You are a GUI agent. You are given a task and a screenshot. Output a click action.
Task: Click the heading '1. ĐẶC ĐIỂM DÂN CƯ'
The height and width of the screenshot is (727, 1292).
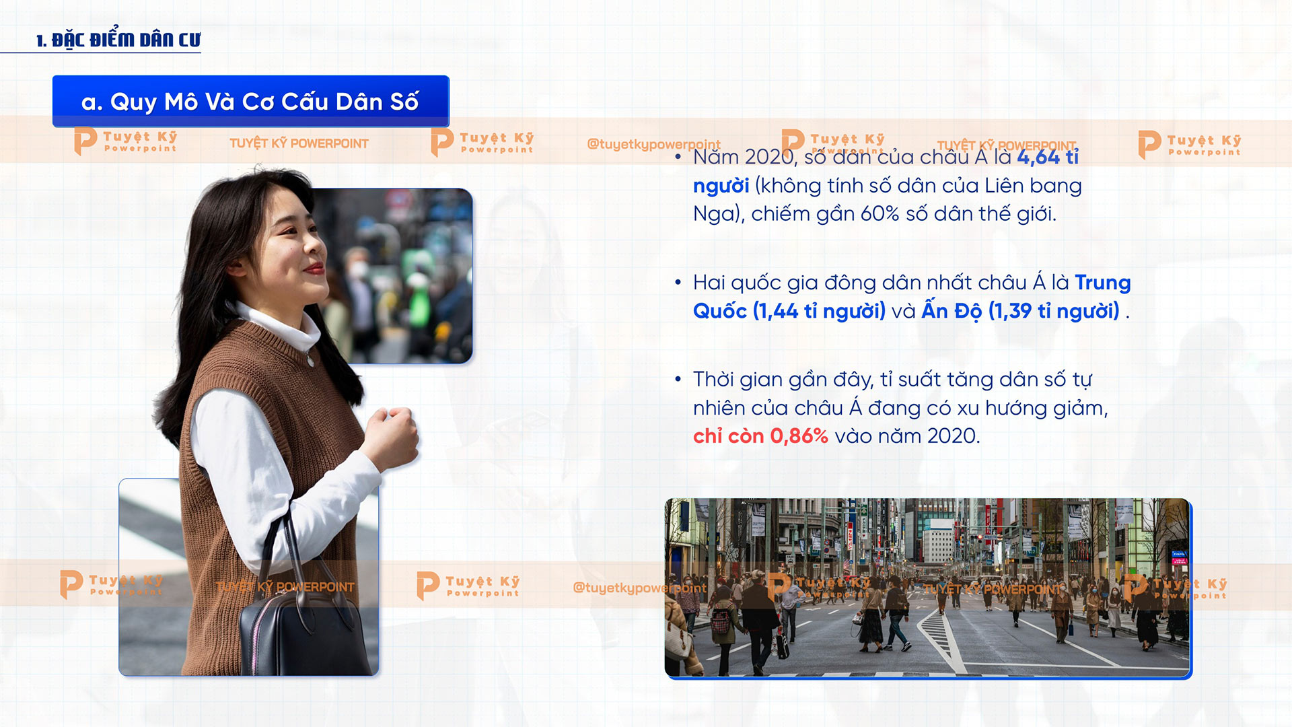tap(118, 40)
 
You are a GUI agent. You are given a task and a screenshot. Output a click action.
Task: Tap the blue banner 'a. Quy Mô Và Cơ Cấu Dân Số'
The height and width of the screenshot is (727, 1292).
tap(250, 102)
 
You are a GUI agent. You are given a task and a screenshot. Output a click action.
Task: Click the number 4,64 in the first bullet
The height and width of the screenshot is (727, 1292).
tap(1038, 157)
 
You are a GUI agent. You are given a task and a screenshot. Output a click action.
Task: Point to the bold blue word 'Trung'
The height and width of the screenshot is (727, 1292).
tap(1103, 283)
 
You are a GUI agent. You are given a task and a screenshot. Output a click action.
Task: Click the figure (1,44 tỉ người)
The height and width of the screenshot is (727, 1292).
tap(819, 311)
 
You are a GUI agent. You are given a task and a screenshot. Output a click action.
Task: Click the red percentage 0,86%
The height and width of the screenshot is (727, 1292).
tap(799, 436)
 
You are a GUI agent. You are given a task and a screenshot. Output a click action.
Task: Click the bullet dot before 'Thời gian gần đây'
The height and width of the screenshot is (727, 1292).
tap(678, 380)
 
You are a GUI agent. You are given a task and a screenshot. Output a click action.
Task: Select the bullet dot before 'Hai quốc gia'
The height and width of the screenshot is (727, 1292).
tap(678, 283)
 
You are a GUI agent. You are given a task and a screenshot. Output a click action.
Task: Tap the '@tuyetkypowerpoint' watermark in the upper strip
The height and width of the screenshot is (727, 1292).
tap(653, 145)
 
